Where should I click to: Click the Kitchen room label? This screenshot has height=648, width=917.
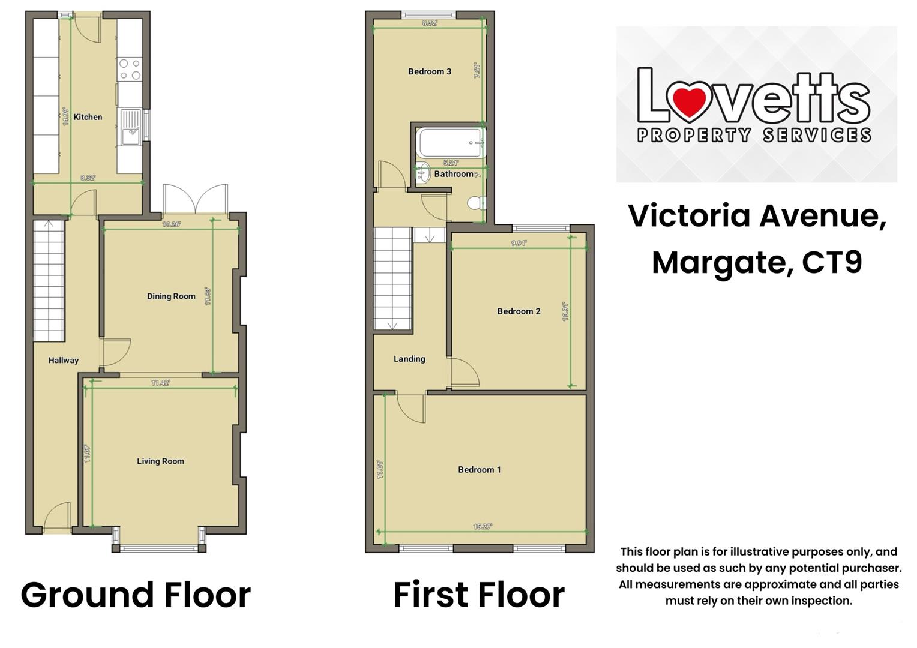[x=88, y=117]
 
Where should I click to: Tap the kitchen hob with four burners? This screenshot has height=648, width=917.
[x=130, y=69]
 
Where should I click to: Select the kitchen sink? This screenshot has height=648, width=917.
[x=130, y=127]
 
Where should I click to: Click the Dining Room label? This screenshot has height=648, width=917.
[x=171, y=296]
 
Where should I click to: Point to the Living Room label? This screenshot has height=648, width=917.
[x=160, y=461]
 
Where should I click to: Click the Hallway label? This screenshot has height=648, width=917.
[x=63, y=360]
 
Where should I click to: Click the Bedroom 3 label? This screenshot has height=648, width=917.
[x=430, y=71]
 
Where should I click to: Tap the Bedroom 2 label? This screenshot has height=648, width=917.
[x=519, y=311]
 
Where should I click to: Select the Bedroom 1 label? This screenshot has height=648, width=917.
[x=479, y=469]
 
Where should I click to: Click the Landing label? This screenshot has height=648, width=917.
[x=409, y=359]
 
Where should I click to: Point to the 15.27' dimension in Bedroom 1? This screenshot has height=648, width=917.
[x=483, y=526]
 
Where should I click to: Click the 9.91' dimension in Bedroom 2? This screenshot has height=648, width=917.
[x=519, y=243]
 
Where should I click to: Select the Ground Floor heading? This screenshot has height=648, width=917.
[x=136, y=595]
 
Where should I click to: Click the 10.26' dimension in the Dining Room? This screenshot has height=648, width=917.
[x=172, y=224]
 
